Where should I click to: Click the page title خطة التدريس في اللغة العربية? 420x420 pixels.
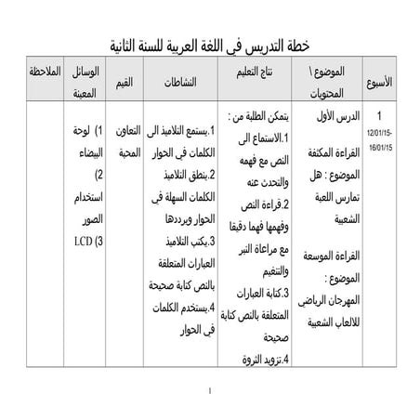pyautogui.click(x=209, y=46)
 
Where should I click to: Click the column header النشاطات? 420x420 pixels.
pyautogui.click(x=177, y=82)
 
